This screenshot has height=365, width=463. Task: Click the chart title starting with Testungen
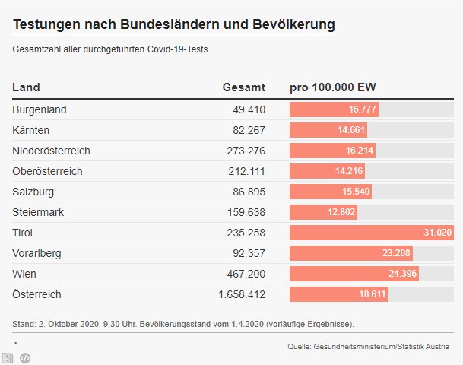tap(174, 25)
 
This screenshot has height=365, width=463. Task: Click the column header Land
tap(27, 87)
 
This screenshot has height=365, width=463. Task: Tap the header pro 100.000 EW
tap(333, 87)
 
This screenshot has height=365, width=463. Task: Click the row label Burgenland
tap(40, 109)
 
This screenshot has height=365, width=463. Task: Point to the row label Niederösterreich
tap(51, 151)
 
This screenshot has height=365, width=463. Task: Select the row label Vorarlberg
tap(37, 252)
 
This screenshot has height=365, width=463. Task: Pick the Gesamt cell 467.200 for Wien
tap(246, 273)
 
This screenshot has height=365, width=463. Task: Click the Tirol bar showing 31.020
tap(371, 233)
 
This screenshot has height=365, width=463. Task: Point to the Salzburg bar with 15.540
tap(331, 192)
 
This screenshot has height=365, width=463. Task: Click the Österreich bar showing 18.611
tap(339, 294)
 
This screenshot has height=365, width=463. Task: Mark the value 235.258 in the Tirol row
tap(246, 233)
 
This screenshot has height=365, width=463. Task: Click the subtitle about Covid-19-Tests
tap(110, 49)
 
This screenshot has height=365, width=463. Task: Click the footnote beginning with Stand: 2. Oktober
tap(183, 324)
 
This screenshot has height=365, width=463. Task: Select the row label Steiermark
tap(37, 212)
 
